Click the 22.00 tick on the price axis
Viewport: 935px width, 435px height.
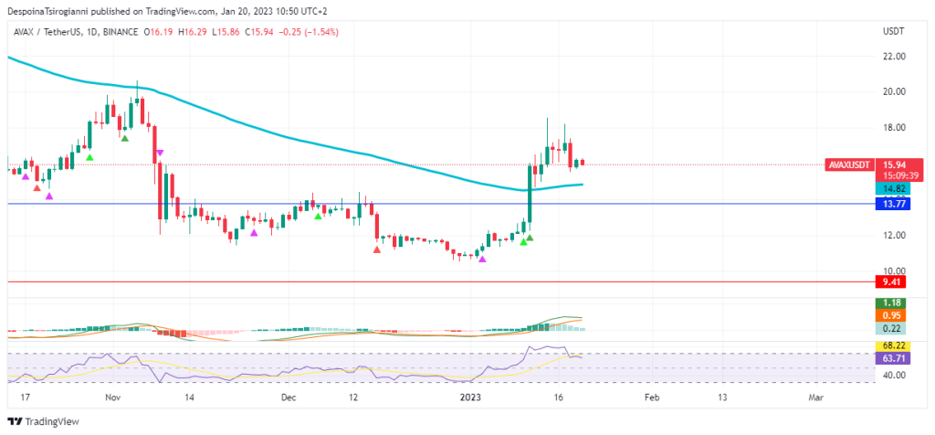(x=894, y=56)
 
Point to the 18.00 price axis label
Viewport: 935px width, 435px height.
(x=894, y=127)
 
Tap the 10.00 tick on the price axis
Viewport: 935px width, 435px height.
(x=894, y=271)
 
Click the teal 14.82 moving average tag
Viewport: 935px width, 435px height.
(x=888, y=187)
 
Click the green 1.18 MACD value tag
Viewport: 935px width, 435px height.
(x=888, y=302)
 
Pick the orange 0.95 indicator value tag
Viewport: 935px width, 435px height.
(x=888, y=315)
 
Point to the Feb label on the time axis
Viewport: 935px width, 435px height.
(x=652, y=398)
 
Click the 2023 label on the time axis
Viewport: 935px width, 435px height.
(x=470, y=398)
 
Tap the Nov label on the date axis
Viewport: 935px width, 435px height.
(x=112, y=398)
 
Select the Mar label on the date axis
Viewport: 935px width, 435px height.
(x=816, y=398)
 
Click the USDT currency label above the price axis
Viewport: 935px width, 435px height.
(x=892, y=31)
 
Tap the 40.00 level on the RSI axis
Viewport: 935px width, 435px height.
(x=894, y=375)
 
